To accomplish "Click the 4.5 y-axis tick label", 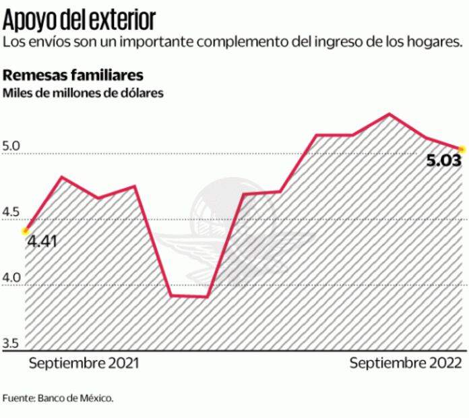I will click(12, 213).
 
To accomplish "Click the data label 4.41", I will click(42, 239).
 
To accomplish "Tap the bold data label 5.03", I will click(442, 162).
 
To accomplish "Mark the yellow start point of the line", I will click(26, 231).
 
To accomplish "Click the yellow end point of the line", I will click(462, 148).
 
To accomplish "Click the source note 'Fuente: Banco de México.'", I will click(58, 397).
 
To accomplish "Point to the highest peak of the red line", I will click(389, 113).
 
